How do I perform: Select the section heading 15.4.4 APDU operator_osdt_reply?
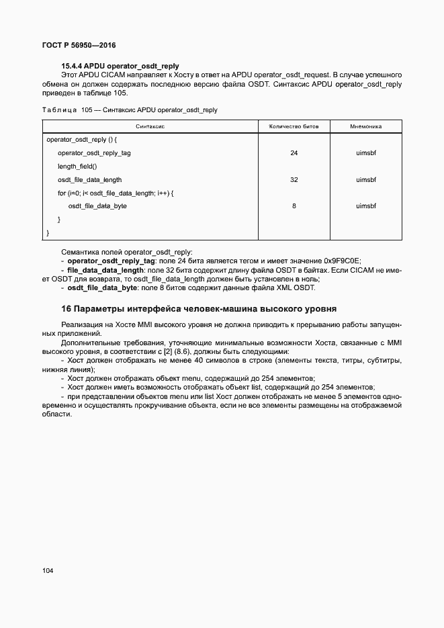(x=120, y=66)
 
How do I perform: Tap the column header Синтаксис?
(x=150, y=126)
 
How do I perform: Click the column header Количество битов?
(x=294, y=126)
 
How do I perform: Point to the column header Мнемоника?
(x=366, y=126)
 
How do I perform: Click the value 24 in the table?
(x=294, y=153)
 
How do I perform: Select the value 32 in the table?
(x=294, y=180)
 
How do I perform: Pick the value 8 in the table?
(x=294, y=206)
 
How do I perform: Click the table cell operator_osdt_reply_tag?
(x=94, y=153)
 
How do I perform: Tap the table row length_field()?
(x=77, y=167)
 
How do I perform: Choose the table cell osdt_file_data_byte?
(x=97, y=206)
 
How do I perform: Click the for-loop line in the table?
(x=116, y=193)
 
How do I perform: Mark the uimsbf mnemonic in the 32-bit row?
(x=366, y=180)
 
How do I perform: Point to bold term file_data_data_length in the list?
(x=109, y=270)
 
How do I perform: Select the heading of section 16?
(x=198, y=308)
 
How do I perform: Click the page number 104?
(x=48, y=571)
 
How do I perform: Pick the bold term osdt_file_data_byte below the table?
(x=101, y=288)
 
